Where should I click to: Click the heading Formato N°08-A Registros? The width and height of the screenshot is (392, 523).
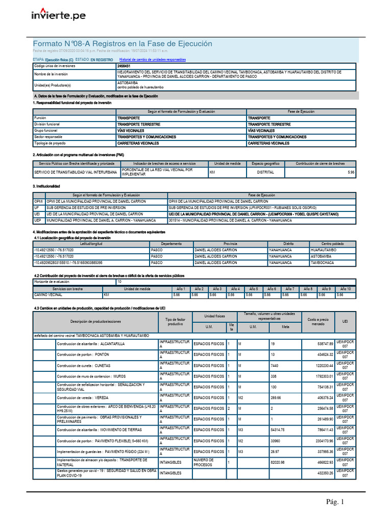122,44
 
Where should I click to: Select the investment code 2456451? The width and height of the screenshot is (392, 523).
124,66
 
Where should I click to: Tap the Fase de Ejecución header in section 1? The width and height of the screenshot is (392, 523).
301,111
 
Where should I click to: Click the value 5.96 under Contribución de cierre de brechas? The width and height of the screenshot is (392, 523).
350,173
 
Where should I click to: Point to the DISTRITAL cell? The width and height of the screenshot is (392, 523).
265,173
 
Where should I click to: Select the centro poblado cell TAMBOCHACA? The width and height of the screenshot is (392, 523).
323,263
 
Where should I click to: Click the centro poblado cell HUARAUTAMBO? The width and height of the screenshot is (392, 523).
324,250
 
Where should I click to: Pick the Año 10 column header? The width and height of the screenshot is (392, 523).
346,289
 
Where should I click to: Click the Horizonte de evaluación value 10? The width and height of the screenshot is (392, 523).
120,282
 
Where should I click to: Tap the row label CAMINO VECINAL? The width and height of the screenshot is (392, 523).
48,295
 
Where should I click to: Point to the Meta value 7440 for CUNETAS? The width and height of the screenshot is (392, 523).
277,366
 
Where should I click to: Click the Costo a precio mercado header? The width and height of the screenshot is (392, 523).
318,321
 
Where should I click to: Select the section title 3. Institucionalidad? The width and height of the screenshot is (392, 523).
46,186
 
